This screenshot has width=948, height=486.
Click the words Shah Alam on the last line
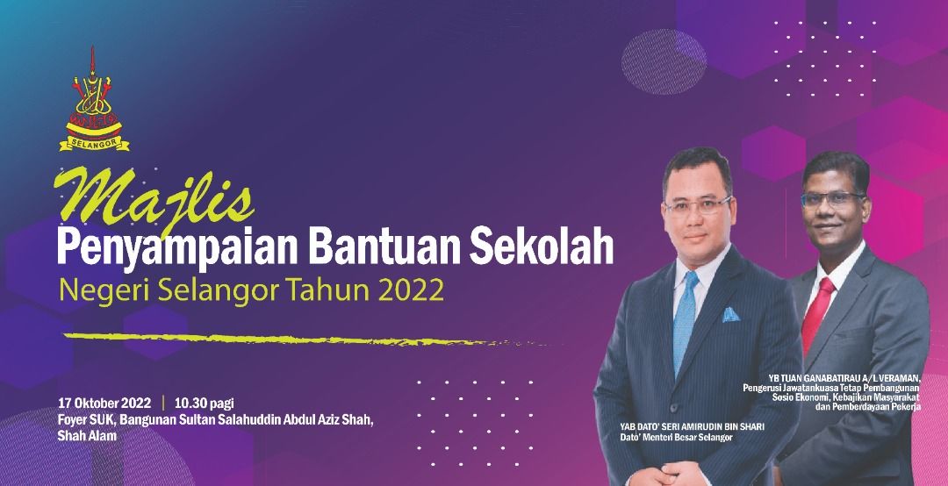coord(87,436)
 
